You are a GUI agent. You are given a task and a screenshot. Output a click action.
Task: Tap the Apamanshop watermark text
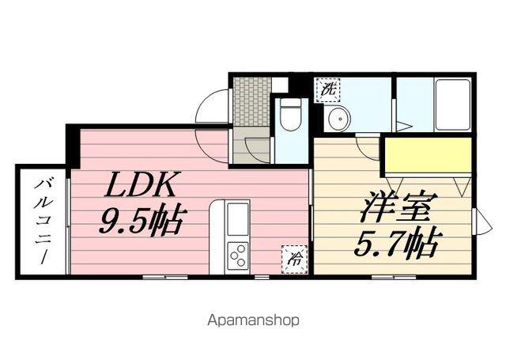tap(252, 320)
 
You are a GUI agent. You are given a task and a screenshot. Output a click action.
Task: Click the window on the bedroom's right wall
tap(477, 221)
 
